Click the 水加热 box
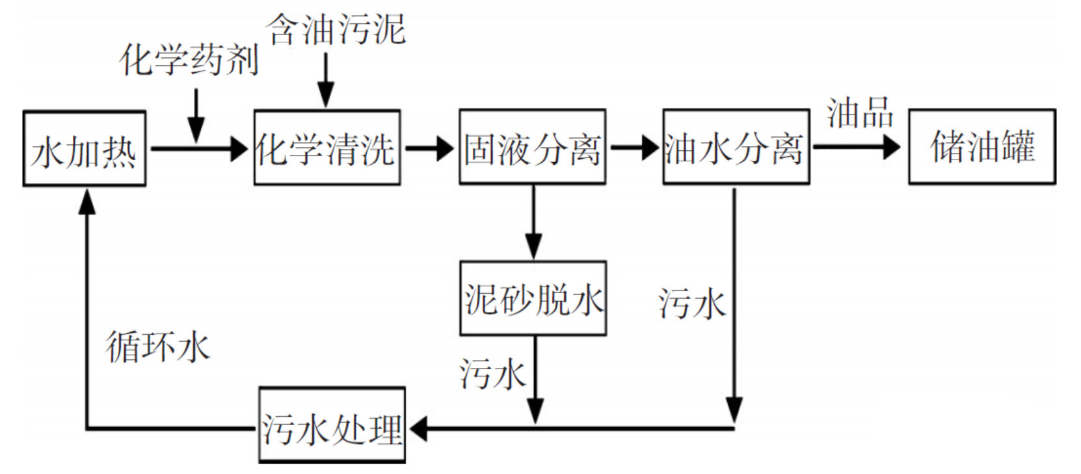coord(84,148)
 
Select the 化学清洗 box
coord(327,148)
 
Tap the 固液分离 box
coord(532,147)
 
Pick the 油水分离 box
coord(736,147)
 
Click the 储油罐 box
coord(981,147)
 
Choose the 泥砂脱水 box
coord(533,299)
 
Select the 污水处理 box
coord(332,426)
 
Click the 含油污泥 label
coord(336,29)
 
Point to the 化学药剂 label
coord(189,60)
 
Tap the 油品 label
coord(860,113)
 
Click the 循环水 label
coord(158,346)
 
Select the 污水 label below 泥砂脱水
coord(492,374)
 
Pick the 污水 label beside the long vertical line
coord(691,304)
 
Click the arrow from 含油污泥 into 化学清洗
coord(325,81)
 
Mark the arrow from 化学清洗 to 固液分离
coord(429,148)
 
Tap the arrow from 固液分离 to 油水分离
coord(634,148)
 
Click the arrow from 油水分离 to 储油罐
coord(857,147)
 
